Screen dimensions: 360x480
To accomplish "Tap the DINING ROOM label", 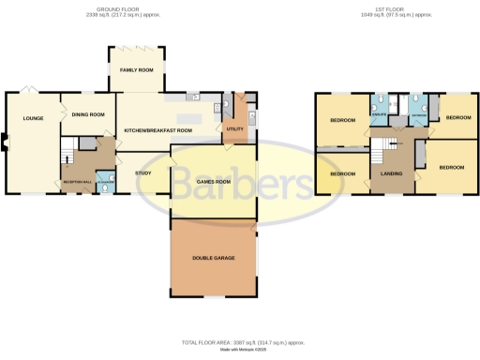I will [x=87, y=115].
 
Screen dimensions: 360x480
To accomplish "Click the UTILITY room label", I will [x=235, y=129].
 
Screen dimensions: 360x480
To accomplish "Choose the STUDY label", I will [x=143, y=173].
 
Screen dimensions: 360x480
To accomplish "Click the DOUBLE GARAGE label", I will [x=213, y=257].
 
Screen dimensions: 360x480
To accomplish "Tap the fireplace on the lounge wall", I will [x=5, y=142].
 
